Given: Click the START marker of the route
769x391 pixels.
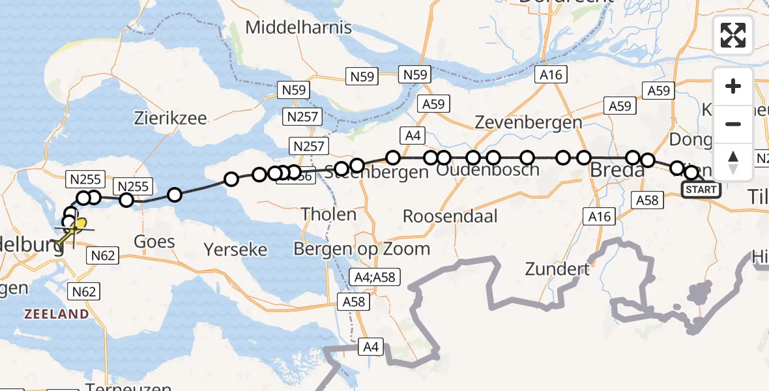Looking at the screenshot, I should point(701,190).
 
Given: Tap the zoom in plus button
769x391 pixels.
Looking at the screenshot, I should point(733,86).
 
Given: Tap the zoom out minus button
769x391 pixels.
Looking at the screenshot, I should point(733,124).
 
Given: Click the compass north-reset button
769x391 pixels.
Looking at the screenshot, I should point(733,162).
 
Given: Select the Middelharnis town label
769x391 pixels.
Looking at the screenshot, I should point(299,28).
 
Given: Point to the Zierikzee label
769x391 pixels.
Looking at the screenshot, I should point(171,119).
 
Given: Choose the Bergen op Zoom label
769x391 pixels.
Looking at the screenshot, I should point(362,248).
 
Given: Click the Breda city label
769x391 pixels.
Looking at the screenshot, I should point(617,171).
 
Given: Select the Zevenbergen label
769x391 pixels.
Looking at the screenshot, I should point(529,122).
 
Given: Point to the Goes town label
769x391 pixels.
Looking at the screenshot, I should point(154,242).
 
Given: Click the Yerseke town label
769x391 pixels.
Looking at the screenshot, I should point(235,249).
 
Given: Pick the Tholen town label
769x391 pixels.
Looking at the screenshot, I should point(328,214).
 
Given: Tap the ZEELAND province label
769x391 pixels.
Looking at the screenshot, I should point(57,314).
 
